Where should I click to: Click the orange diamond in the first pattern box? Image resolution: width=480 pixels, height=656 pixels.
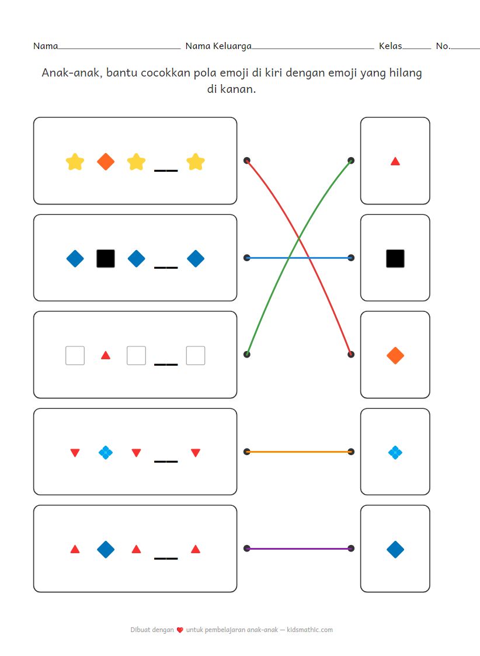tap(105, 161)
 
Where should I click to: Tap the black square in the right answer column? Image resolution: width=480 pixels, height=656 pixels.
tap(395, 258)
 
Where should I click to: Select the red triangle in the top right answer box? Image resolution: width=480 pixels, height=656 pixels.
tap(395, 161)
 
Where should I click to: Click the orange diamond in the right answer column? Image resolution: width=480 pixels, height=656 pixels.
tap(395, 355)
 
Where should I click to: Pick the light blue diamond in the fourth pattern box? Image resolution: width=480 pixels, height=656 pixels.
tap(105, 452)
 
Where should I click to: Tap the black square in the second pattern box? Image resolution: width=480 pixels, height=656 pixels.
tap(105, 258)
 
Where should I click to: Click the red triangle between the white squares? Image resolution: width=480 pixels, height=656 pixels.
tap(105, 355)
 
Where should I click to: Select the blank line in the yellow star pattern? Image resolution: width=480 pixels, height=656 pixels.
tap(165, 170)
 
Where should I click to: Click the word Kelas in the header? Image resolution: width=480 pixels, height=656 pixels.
tap(390, 46)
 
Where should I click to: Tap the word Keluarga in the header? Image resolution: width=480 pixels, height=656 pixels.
tap(232, 46)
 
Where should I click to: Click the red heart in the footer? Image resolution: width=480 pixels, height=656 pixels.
tap(180, 630)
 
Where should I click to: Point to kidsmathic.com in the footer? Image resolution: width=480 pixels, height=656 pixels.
tap(310, 630)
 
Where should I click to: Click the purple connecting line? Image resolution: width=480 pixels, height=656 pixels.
tap(298, 549)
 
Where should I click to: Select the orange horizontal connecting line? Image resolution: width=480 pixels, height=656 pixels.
tap(298, 452)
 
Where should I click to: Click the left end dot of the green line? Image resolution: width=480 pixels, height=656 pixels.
tap(247, 354)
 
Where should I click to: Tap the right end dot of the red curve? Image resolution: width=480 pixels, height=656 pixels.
tap(350, 354)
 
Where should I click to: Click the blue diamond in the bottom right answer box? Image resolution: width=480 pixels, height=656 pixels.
tap(395, 549)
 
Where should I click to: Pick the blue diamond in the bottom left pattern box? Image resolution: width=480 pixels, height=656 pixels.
tap(105, 549)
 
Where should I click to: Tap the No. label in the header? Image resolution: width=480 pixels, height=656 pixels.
tap(443, 46)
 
